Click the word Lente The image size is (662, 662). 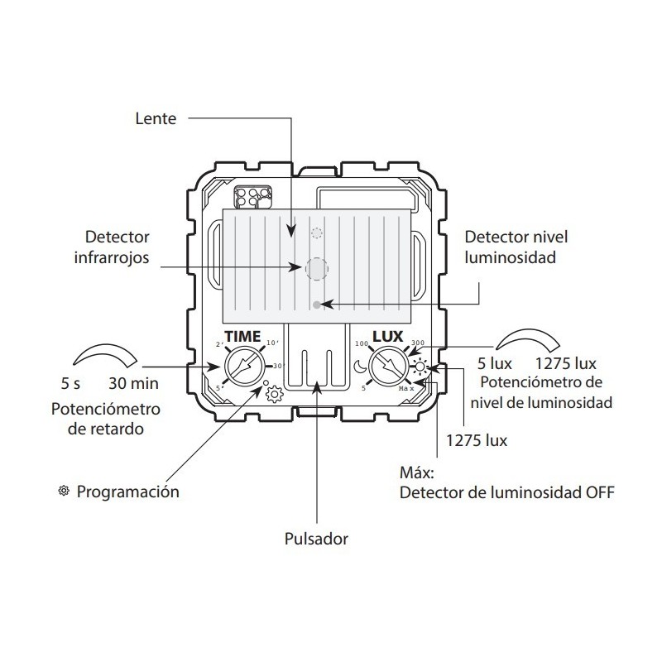[156, 118]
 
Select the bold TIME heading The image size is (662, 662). [242, 337]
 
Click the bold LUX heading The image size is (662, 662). [387, 337]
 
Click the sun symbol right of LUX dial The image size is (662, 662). [420, 367]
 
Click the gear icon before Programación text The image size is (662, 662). [63, 492]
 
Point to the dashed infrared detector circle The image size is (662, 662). [316, 268]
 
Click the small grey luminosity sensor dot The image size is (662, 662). [319, 305]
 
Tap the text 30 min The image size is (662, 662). [134, 384]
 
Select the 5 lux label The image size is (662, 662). [495, 364]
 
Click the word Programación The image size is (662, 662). [128, 492]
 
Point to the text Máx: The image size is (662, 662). [416, 473]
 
